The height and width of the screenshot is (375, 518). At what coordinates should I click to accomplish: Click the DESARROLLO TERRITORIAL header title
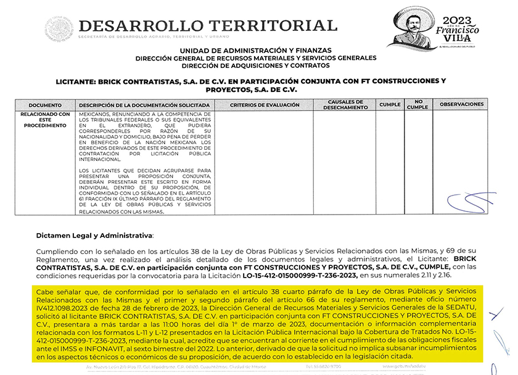pos(208,26)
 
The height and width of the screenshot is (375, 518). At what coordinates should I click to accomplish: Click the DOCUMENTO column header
pos(45,105)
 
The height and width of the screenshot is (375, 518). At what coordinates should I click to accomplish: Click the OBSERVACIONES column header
pos(462,104)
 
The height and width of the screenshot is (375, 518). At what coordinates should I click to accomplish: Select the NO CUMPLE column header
pos(417,105)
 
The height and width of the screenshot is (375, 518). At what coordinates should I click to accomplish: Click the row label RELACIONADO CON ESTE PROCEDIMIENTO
pos(45,120)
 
